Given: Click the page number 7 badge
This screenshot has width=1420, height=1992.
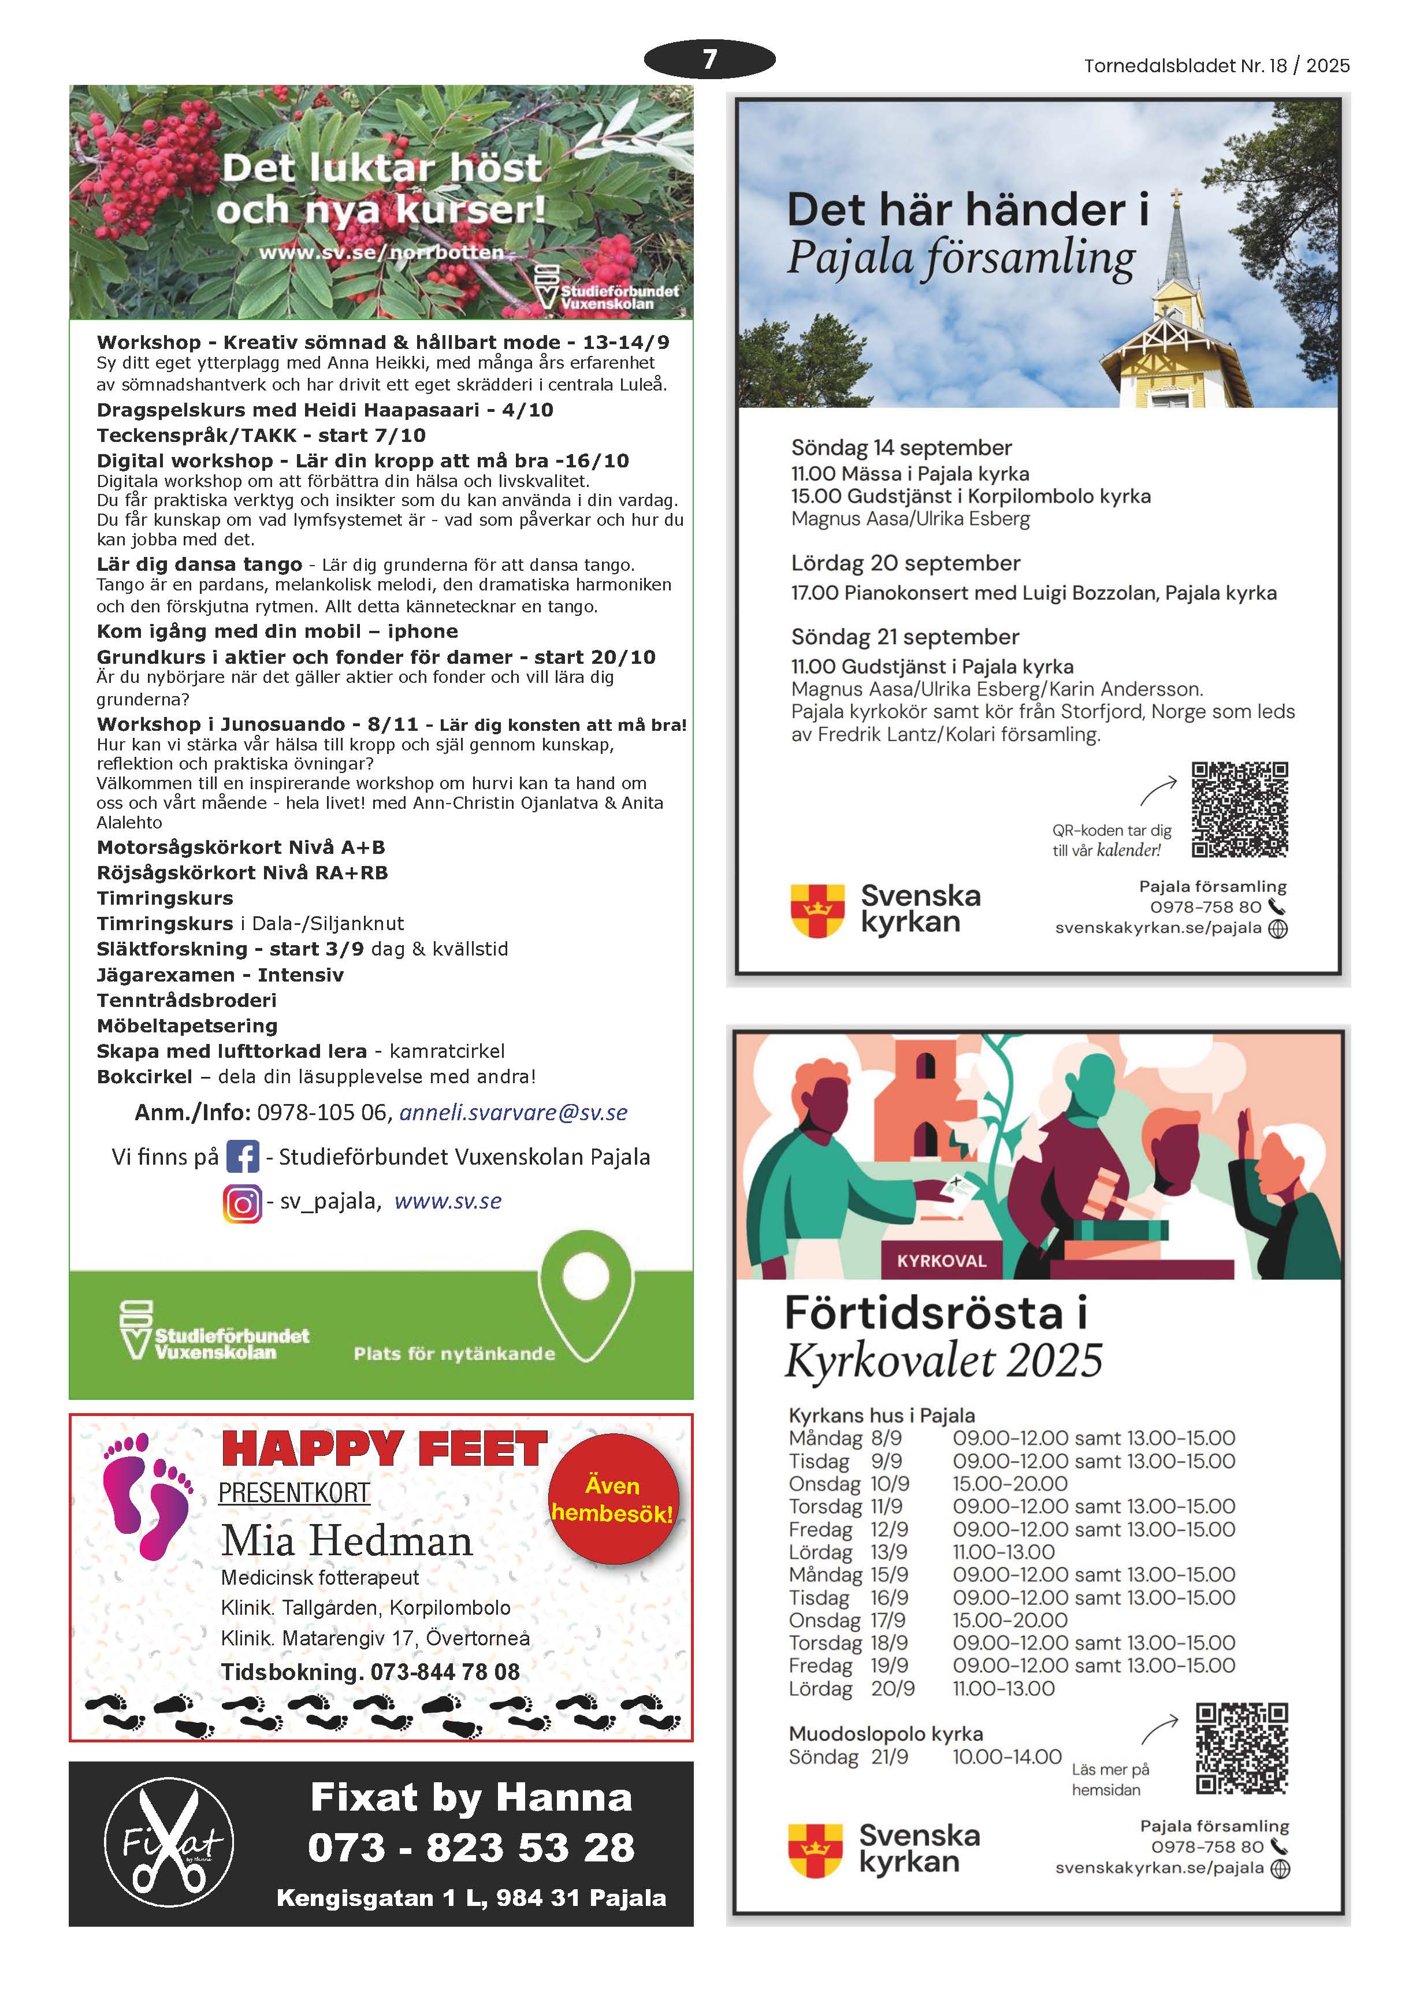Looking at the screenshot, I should click(x=709, y=60).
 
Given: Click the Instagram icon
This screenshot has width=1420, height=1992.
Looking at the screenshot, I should click(x=242, y=1203).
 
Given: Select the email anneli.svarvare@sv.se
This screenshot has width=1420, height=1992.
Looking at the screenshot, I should click(x=513, y=1112).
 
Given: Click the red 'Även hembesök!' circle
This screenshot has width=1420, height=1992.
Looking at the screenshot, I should click(x=613, y=1499).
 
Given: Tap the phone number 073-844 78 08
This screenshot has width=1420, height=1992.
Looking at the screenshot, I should click(x=444, y=1672).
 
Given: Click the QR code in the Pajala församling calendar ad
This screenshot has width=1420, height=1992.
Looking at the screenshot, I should click(x=1239, y=810).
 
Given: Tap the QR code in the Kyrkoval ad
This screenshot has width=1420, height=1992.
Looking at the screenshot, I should click(x=1241, y=1749).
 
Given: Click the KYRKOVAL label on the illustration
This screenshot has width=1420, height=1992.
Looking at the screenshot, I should click(x=941, y=1261).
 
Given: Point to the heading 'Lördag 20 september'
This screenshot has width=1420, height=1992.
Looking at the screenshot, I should click(x=905, y=563).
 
